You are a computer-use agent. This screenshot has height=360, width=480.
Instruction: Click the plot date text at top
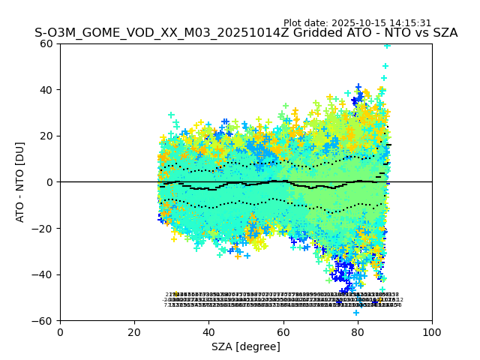[x=357, y=23]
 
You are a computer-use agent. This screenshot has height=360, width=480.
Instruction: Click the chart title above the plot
[x=246, y=34]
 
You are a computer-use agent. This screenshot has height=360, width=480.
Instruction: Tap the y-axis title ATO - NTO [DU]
[x=20, y=181]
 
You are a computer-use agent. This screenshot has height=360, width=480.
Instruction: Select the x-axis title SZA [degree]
[x=246, y=346]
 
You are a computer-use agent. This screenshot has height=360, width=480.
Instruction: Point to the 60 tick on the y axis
[x=46, y=43]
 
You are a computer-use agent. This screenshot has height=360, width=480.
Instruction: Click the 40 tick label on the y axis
[x=46, y=90]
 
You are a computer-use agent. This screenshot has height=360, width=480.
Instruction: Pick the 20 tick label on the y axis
[x=46, y=136]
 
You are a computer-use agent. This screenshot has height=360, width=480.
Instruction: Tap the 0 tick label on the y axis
[x=49, y=182]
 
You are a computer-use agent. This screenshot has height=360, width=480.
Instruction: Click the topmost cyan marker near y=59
[x=387, y=45]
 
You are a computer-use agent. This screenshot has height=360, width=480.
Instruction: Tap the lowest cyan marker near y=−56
[x=356, y=312]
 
